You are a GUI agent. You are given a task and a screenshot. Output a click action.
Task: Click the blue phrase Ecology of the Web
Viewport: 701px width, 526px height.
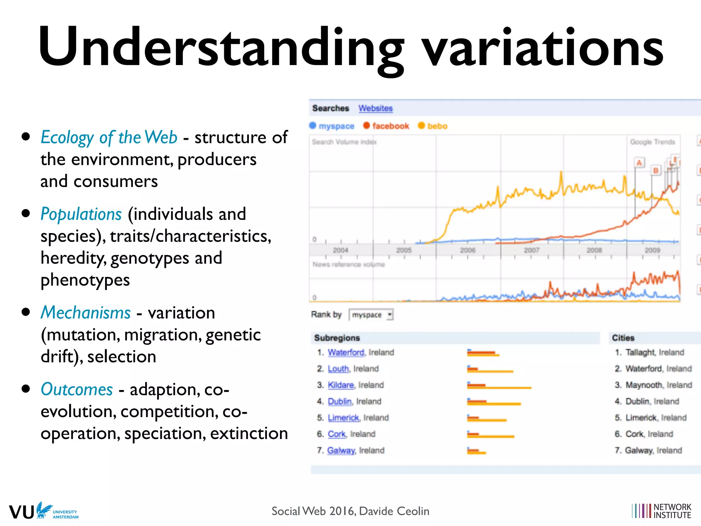pyautogui.click(x=109, y=137)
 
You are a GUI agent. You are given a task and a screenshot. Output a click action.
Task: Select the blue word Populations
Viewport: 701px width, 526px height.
pyautogui.click(x=81, y=214)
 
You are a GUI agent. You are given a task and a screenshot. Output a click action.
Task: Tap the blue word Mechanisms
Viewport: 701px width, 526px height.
pyautogui.click(x=86, y=313)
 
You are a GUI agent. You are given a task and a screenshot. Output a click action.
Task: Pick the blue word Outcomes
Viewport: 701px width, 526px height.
pyautogui.click(x=77, y=389)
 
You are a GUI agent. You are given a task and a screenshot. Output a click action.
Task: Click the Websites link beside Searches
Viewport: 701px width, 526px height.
pyautogui.click(x=375, y=108)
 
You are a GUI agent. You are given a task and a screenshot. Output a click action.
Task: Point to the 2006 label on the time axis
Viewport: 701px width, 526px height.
pyautogui.click(x=468, y=250)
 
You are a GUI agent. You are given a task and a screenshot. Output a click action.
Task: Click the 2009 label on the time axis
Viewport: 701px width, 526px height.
pyautogui.click(x=652, y=250)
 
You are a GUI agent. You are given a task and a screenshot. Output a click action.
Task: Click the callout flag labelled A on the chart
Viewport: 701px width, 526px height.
pyautogui.click(x=639, y=163)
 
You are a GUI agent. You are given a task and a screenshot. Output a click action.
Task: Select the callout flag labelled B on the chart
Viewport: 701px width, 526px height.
pyautogui.click(x=655, y=170)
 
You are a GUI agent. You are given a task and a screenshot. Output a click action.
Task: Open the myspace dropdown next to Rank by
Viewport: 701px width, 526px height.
pyautogui.click(x=371, y=315)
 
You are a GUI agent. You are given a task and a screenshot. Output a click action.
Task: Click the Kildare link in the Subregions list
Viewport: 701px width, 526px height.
pyautogui.click(x=340, y=385)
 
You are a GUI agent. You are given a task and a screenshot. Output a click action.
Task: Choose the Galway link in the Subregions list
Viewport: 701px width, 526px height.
pyautogui.click(x=341, y=450)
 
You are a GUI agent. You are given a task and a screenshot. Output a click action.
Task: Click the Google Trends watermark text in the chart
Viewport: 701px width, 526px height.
pyautogui.click(x=652, y=142)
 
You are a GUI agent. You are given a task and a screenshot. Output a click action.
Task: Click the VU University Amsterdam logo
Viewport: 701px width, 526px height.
pyautogui.click(x=43, y=511)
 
